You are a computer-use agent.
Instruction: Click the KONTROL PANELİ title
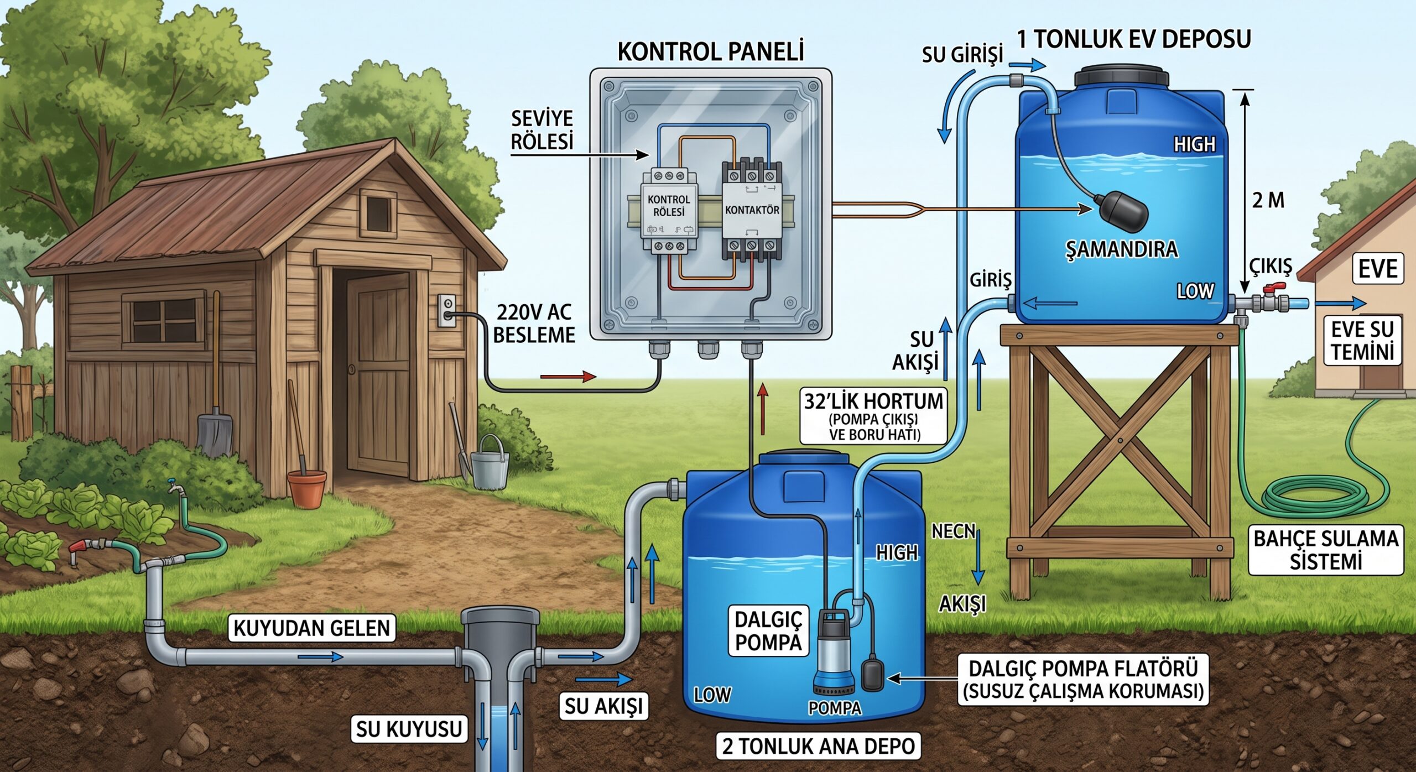(710, 52)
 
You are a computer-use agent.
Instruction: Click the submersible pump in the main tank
(834, 650)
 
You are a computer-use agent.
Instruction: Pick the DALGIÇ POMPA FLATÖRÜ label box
(1083, 680)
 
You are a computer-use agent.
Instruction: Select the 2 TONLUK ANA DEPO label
(819, 746)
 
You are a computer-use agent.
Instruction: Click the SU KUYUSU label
(409, 729)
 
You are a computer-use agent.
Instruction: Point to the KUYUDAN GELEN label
(312, 628)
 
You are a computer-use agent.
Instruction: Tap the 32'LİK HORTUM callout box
(873, 416)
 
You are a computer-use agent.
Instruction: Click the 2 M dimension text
(1268, 200)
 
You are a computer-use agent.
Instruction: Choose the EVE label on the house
(1378, 269)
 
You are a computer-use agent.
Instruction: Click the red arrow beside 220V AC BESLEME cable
(569, 377)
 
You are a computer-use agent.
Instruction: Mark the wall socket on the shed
(447, 311)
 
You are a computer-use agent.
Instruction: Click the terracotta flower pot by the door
(308, 489)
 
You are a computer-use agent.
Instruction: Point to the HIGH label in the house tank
(1195, 145)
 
